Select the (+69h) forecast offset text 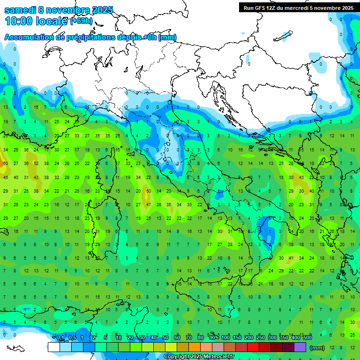tap(81, 21)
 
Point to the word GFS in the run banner tap(260, 7)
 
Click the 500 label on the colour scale tap(307, 338)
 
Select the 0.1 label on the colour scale tap(60, 338)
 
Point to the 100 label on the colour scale tap(225, 338)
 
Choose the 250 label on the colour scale tap(261, 338)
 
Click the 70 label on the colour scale tap(189, 338)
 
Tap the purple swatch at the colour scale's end tap(300, 347)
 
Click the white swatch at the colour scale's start tap(54, 347)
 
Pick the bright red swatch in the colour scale tap(253, 347)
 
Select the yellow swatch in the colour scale tap(171, 347)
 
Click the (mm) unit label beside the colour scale tap(317, 348)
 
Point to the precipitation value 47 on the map tap(149, 204)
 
